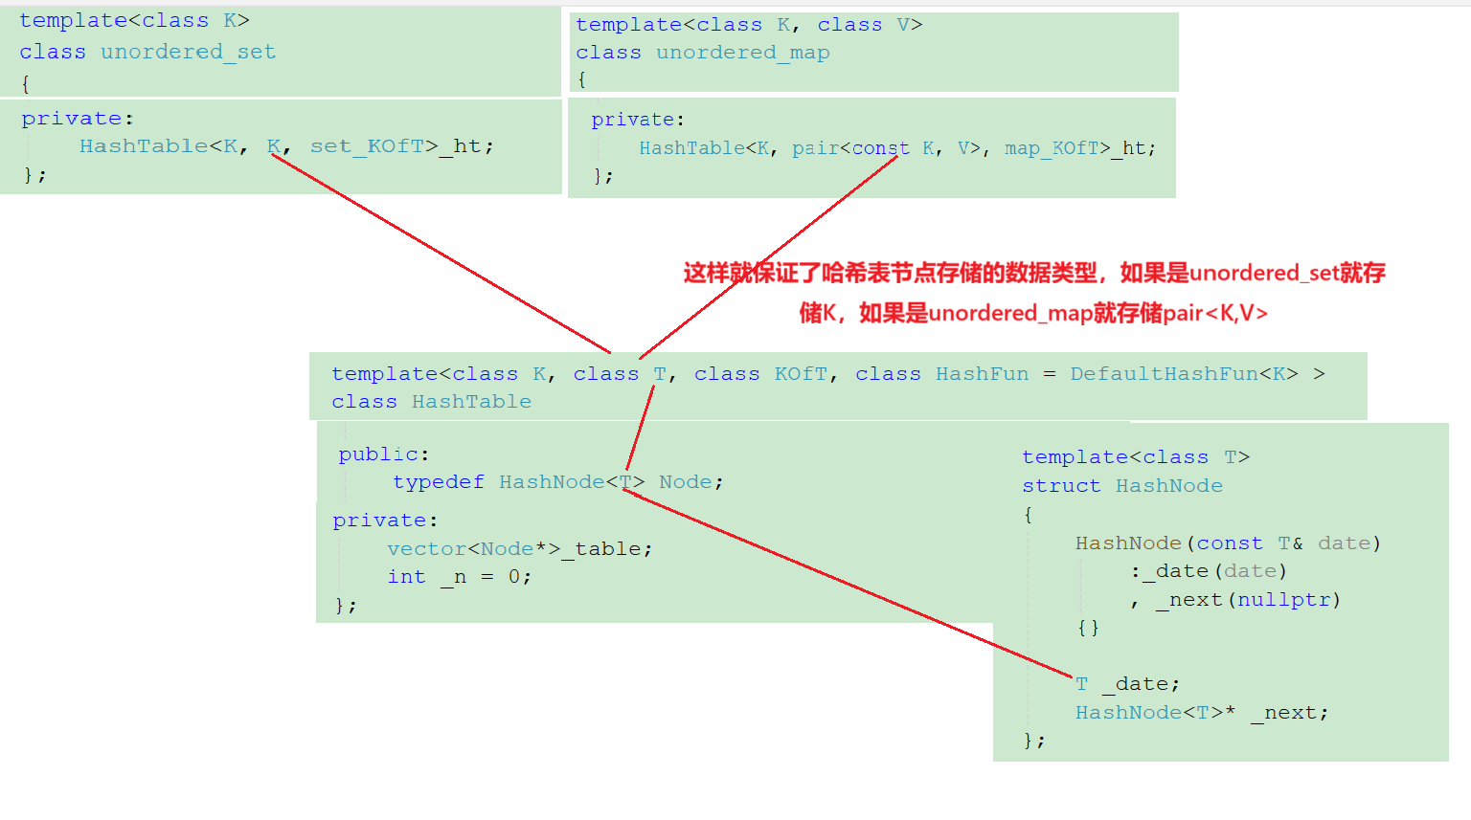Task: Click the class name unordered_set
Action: click(x=188, y=52)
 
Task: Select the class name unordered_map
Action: click(x=742, y=53)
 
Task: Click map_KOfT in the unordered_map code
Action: click(x=1051, y=148)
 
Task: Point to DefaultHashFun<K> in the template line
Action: click(x=1184, y=374)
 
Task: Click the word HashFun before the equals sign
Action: click(x=982, y=374)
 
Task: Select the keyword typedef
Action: click(x=438, y=482)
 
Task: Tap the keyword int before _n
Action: click(x=406, y=577)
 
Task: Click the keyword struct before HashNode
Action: click(x=1061, y=486)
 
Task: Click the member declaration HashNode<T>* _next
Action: click(x=1201, y=713)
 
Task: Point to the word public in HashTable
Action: click(x=377, y=454)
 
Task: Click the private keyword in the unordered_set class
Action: click(x=72, y=119)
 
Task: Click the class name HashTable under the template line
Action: click(x=471, y=402)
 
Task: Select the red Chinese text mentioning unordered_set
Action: click(x=1034, y=274)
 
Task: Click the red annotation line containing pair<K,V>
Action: click(x=1033, y=313)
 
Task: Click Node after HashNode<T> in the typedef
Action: click(x=685, y=482)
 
